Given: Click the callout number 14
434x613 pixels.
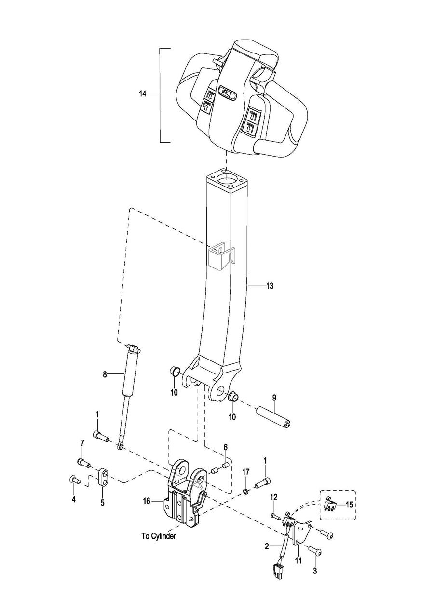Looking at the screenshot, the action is click(x=142, y=93).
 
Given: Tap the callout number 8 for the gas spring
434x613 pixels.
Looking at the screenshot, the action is click(x=105, y=374).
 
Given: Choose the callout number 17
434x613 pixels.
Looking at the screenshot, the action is click(x=245, y=472).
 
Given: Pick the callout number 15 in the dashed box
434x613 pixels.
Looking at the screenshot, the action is click(x=350, y=505).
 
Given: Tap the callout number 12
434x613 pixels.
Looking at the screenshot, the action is click(x=274, y=497).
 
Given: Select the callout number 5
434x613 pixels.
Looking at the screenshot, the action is click(x=102, y=503).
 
